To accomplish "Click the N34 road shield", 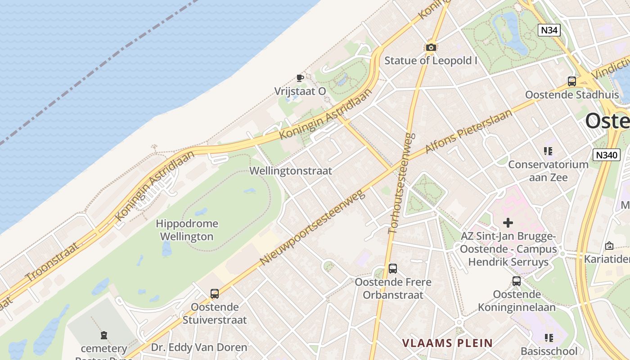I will (549, 30).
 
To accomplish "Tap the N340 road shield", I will (606, 155).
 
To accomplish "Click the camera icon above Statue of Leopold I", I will (431, 47).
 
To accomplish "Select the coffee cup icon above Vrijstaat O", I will (300, 78).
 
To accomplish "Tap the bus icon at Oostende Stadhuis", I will (571, 81).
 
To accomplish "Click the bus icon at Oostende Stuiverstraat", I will (215, 294).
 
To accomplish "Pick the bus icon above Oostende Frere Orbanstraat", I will (393, 269).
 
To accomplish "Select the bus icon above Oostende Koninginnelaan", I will (517, 281).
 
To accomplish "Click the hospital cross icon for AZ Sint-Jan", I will (508, 222).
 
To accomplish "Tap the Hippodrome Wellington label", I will (187, 230).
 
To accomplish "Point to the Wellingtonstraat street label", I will (291, 171).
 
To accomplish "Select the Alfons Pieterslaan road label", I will (468, 131).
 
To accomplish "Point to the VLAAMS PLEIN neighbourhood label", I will (447, 343).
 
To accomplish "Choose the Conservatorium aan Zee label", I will (548, 171).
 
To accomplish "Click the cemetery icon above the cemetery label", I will (104, 335).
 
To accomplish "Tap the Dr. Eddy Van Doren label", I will (199, 347).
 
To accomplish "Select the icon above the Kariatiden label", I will (609, 246).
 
